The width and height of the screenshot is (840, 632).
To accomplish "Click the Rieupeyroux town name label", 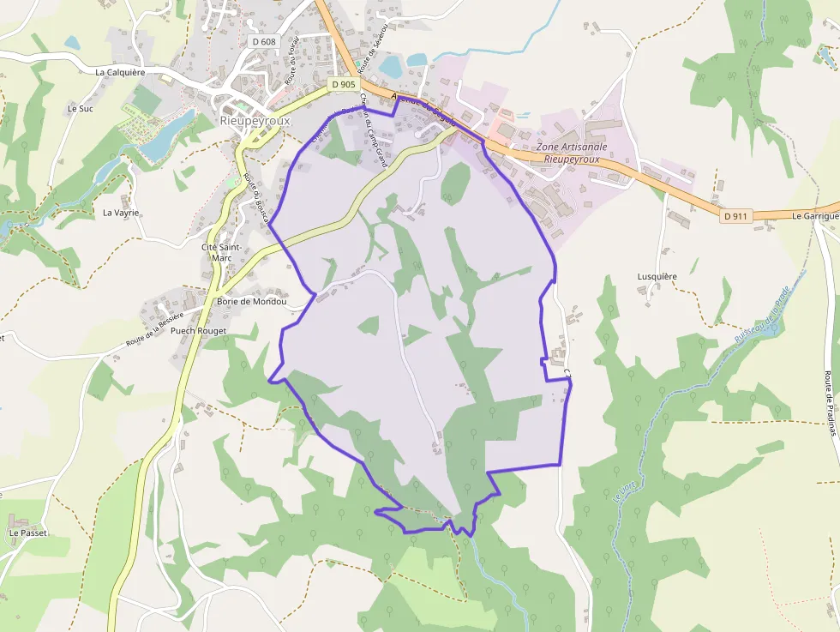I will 255,121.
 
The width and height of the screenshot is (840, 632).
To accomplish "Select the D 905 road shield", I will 343,84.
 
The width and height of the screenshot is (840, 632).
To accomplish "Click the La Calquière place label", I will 120,73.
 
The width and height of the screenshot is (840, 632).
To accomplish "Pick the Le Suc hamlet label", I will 80,109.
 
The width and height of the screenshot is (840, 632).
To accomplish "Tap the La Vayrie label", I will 121,213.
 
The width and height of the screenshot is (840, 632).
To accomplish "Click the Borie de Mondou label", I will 251,302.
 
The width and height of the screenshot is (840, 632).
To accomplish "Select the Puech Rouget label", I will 198,331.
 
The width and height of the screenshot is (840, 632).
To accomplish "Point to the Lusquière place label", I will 657,277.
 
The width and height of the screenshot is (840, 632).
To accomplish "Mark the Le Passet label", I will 27,533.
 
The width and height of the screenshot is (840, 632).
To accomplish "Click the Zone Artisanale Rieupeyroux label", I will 572,153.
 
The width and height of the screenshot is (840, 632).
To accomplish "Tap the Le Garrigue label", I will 814,216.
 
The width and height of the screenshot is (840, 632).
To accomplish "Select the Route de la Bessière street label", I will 155,330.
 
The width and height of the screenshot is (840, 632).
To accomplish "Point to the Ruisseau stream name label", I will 760,316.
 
